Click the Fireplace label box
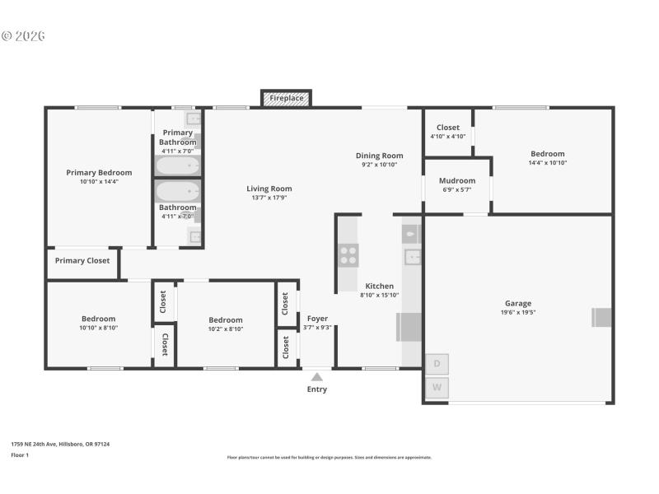(x=287, y=98)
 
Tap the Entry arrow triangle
(x=317, y=377)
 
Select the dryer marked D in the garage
(x=437, y=364)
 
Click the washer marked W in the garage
(x=437, y=387)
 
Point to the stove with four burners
(x=348, y=255)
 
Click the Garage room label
(x=517, y=303)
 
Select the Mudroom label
(x=456, y=180)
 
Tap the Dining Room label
(x=379, y=156)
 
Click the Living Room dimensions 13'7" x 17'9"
(x=269, y=198)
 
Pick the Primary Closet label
(x=82, y=261)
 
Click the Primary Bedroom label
(x=99, y=173)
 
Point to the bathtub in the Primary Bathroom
(x=178, y=165)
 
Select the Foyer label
(x=317, y=319)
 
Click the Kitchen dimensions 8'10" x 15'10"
(x=379, y=296)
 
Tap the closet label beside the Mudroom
(x=447, y=128)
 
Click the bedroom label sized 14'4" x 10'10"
(x=547, y=154)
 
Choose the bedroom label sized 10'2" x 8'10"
(x=225, y=320)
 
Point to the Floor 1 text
(x=20, y=454)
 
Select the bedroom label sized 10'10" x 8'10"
(x=98, y=319)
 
